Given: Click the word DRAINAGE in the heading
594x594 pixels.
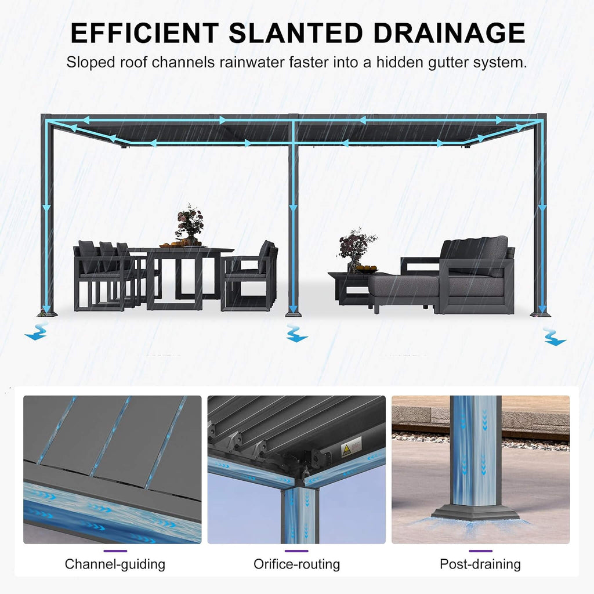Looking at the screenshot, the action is [450, 33].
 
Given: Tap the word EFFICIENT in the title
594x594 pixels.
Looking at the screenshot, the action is [144, 33].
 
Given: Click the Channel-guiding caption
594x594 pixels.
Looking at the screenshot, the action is [115, 564].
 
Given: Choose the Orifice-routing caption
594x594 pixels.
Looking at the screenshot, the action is [296, 564].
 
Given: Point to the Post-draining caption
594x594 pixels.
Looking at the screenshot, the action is [480, 564].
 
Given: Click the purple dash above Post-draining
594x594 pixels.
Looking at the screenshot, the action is [480, 551].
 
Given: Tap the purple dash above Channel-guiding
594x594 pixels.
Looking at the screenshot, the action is [115, 551].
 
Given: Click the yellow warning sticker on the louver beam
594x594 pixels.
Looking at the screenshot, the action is [351, 447].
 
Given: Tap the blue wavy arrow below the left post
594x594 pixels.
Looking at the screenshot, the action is [37, 331].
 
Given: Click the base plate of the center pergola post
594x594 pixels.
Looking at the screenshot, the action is [293, 314].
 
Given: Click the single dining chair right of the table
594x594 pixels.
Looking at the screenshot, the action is [249, 276].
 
